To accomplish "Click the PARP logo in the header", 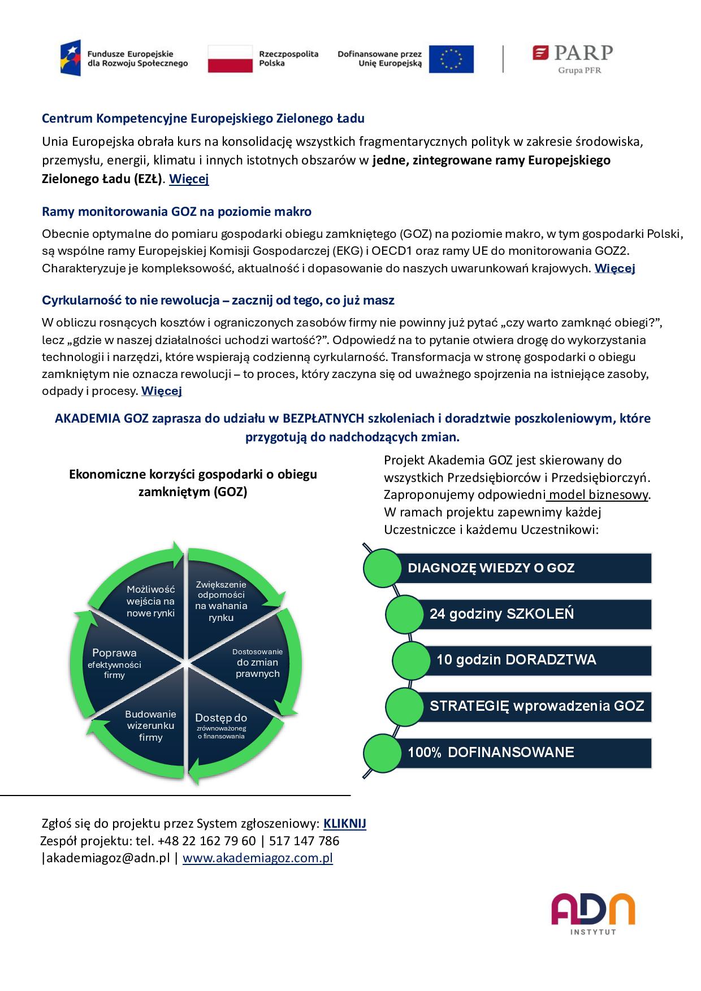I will tap(572, 58).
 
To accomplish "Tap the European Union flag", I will tap(451, 59).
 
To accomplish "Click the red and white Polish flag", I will tap(230, 59).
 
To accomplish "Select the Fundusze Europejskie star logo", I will tap(71, 58).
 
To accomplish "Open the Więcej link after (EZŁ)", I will tap(189, 179).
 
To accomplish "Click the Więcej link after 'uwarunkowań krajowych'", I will tap(615, 268).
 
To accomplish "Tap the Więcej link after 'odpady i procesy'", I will tap(161, 391).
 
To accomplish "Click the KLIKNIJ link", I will tap(344, 823).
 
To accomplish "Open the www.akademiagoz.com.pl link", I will tap(257, 858).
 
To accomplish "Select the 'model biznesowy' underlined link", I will tap(598, 495).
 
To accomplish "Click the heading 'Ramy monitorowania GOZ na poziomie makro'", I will tap(176, 212).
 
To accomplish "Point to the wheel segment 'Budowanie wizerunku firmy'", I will tap(150, 725).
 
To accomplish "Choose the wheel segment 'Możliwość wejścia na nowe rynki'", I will tap(150, 601).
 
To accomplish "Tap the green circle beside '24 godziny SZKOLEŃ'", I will tap(404, 614).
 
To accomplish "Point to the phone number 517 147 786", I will tap(305, 841).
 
